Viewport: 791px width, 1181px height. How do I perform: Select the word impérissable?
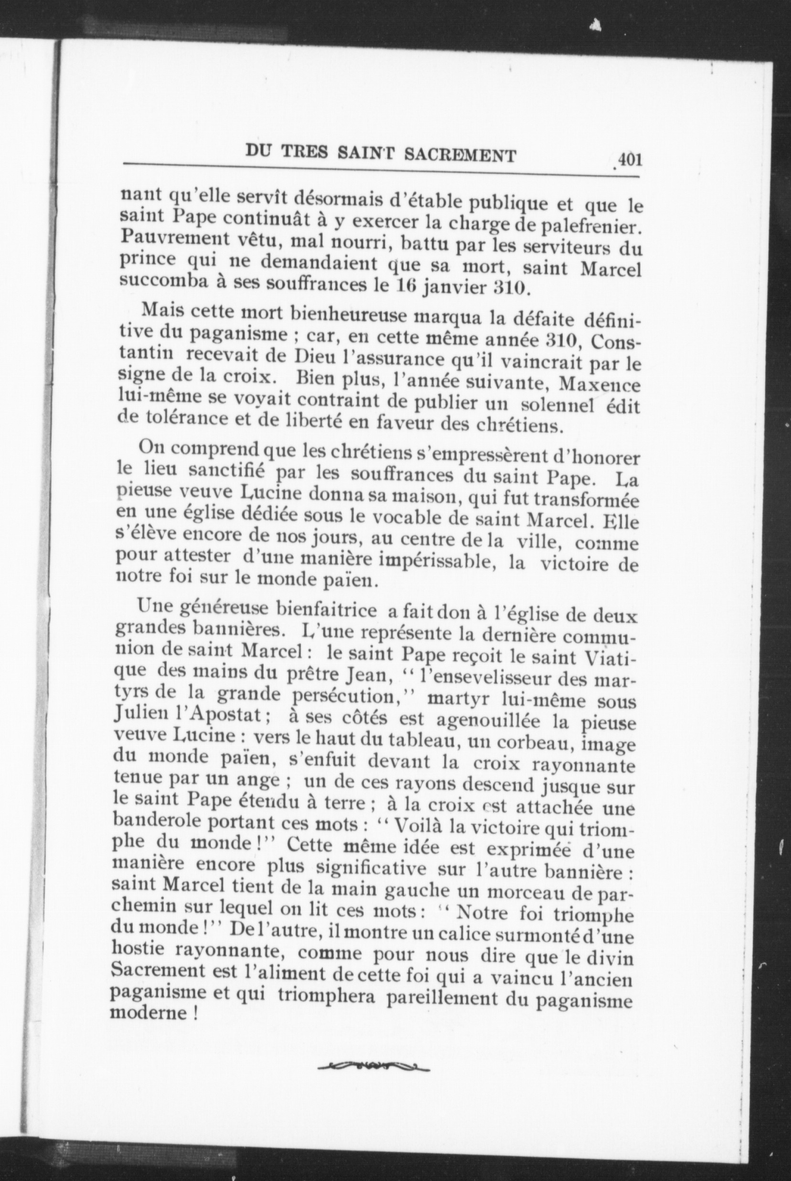tap(434, 560)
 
